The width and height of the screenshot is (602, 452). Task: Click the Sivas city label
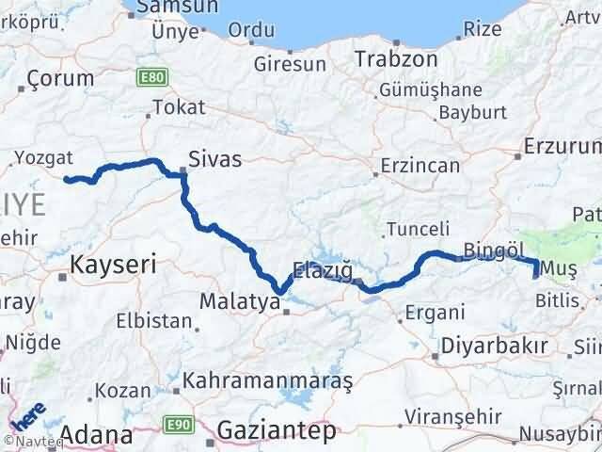pos(214,159)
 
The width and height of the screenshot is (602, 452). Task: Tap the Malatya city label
pos(240,303)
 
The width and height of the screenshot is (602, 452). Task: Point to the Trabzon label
pos(396,58)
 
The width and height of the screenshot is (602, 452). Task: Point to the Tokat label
pos(178,107)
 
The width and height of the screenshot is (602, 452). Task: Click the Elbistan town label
pos(153,320)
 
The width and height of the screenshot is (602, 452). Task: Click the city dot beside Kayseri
pos(62,277)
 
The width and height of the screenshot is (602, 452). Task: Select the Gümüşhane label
pos(431,90)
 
